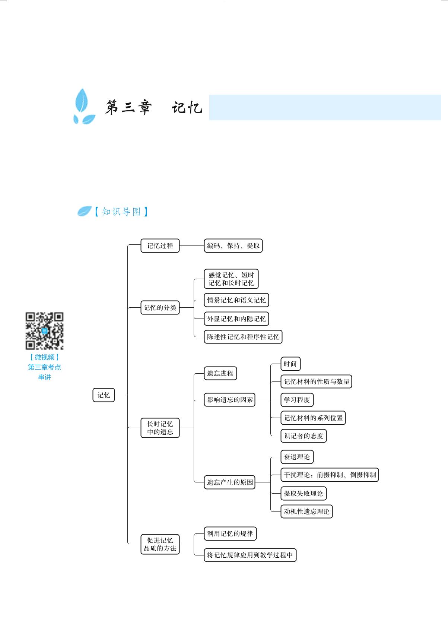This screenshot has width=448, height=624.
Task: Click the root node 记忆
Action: coord(104,395)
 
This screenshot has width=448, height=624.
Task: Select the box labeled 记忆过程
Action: coord(160,246)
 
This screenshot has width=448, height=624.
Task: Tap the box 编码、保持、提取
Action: coord(233,246)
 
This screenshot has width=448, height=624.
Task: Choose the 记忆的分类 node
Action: coord(160,308)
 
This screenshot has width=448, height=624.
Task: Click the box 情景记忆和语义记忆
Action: coord(236,300)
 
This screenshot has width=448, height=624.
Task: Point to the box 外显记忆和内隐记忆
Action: coord(236,319)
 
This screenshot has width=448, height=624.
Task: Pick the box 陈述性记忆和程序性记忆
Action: coord(243,337)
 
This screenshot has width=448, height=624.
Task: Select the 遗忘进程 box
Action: coord(220,373)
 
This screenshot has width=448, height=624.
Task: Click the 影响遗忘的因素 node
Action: coord(230,400)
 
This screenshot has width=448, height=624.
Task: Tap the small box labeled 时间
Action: coord(290,364)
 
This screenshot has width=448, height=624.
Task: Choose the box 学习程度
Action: coord(297,400)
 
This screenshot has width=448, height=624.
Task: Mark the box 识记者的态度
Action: coord(304,436)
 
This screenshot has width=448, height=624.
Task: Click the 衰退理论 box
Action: coord(297,457)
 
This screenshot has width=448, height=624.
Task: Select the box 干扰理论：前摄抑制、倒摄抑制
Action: coord(330,475)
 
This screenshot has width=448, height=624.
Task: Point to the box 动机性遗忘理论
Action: coord(306,511)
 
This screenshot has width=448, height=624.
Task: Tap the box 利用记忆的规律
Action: coord(230,534)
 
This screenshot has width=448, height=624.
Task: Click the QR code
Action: coord(45,331)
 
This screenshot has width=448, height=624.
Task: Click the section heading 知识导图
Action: coord(121,212)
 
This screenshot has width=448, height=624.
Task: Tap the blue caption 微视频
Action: coord(45,357)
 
